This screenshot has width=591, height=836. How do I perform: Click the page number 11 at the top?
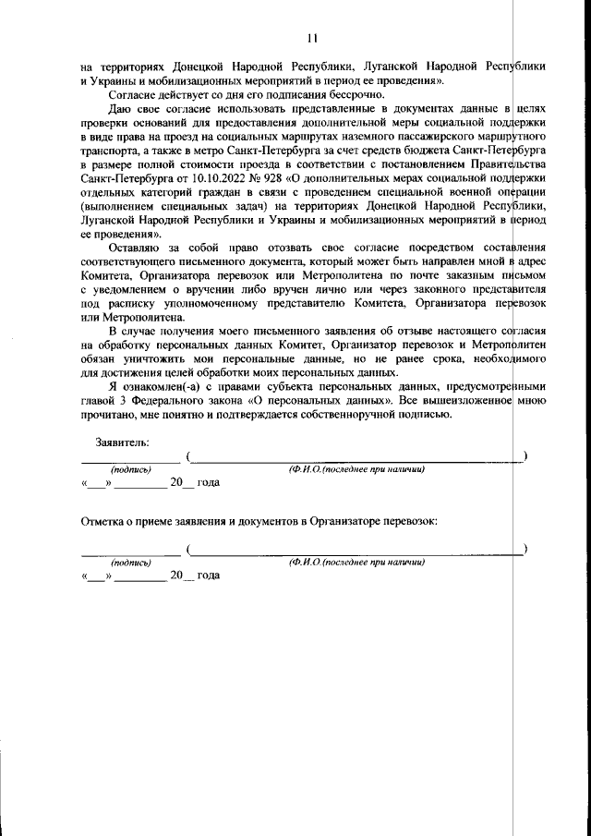point(311,38)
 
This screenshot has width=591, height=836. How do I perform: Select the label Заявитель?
point(109,442)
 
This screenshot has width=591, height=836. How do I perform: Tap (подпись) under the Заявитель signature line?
point(131,469)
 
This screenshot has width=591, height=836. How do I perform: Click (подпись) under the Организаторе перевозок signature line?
point(131,562)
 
